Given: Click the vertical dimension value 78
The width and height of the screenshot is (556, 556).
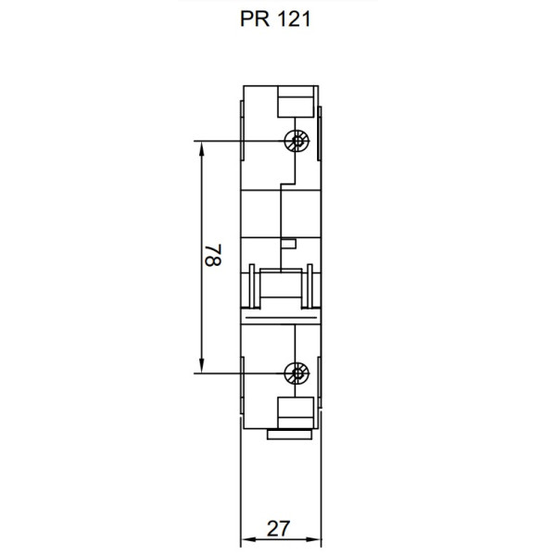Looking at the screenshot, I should point(212,257).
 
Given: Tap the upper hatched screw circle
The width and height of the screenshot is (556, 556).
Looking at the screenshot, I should point(297,142).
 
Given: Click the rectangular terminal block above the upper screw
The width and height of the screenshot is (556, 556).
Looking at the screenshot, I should point(296,102).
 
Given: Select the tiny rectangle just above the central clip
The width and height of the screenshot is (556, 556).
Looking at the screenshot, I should point(288,244).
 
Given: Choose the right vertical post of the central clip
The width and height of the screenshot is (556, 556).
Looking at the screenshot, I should point(309,286).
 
